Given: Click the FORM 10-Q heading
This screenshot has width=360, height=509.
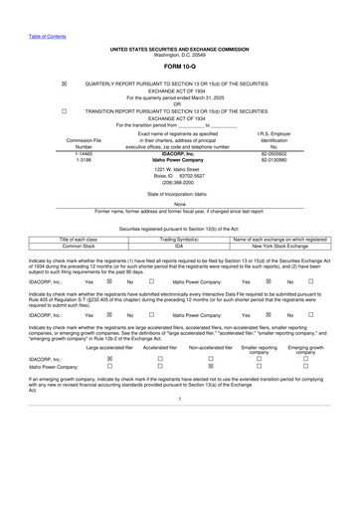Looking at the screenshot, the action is tap(179, 67).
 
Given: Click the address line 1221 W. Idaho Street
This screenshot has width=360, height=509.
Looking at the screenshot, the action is tap(179, 170).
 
